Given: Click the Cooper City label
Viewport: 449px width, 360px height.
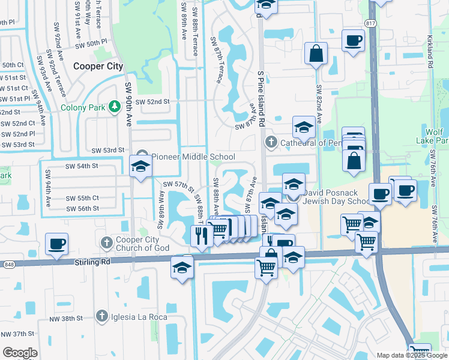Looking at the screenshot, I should (x=98, y=67).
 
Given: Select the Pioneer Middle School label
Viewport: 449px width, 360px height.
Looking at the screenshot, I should (x=193, y=157).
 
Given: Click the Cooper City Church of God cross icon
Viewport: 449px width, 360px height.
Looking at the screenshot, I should (x=107, y=242).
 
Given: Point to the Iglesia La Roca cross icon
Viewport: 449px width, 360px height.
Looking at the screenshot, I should (x=102, y=316).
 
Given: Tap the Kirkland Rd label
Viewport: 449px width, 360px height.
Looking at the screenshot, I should (x=430, y=46).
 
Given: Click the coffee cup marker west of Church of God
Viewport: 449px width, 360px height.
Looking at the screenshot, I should (x=56, y=244).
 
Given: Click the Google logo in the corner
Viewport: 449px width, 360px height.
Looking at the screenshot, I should (x=19, y=353).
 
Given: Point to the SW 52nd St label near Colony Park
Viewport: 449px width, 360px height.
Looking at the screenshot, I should (x=152, y=102).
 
